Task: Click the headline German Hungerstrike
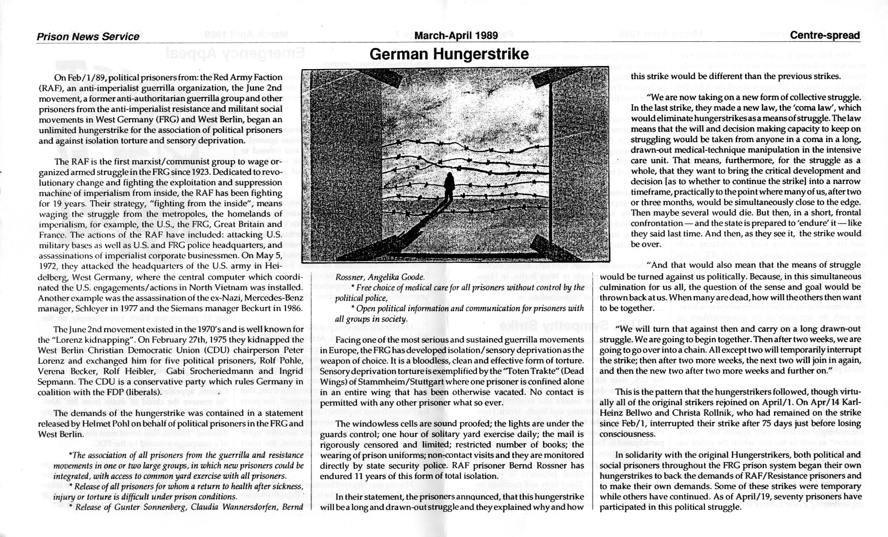click(449, 54)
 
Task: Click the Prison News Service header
click(88, 36)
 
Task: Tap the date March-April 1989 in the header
click(456, 35)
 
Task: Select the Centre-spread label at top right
click(825, 35)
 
